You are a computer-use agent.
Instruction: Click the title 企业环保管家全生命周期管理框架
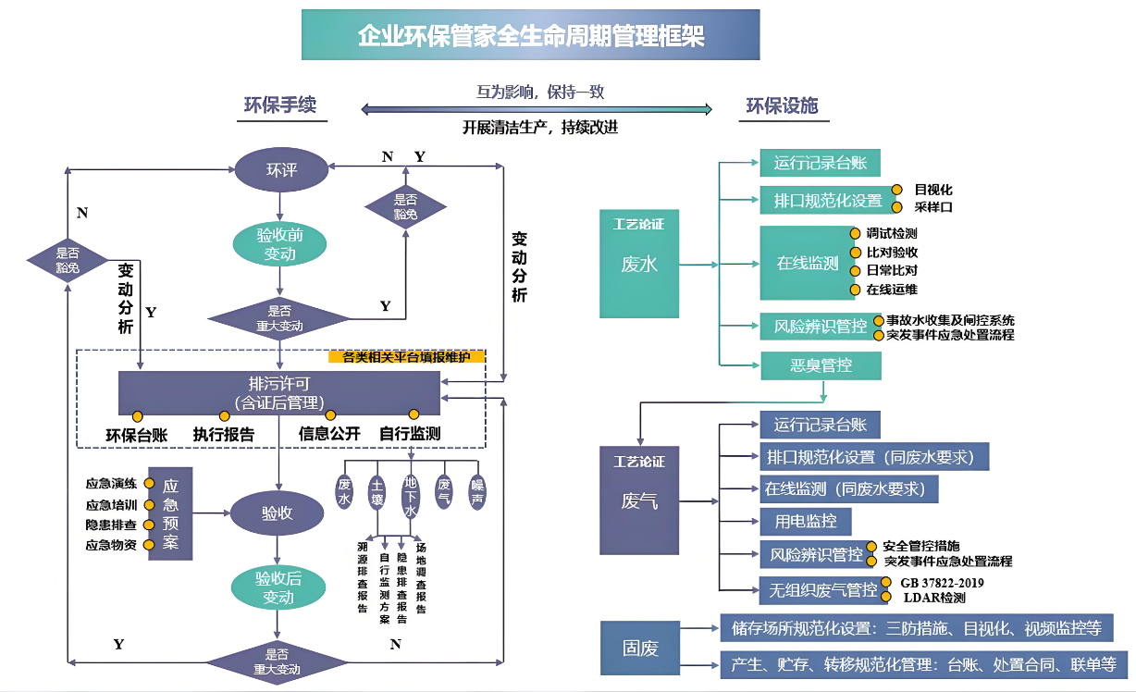530,35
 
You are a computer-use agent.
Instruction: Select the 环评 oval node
280,169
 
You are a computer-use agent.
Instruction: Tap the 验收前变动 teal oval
279,244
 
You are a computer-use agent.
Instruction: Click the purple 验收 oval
278,513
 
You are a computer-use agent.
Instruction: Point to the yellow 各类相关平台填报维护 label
406,357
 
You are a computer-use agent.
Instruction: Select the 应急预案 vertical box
170,513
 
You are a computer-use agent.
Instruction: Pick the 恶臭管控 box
821,365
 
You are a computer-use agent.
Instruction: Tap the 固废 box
640,648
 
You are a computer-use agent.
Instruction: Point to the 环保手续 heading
279,105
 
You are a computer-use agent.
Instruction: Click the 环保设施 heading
782,105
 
